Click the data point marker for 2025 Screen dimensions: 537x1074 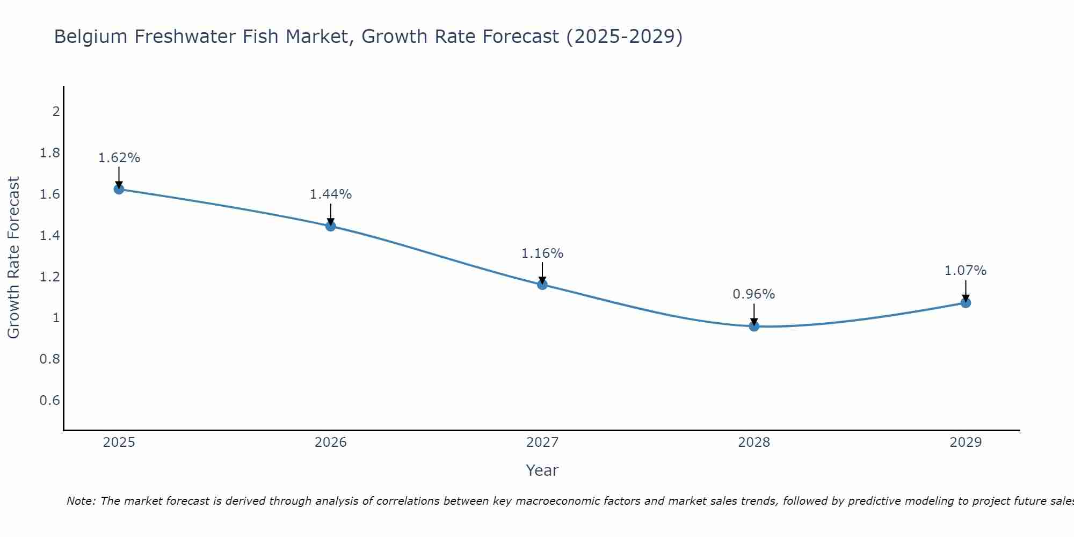pos(119,189)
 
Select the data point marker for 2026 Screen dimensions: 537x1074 pos(331,226)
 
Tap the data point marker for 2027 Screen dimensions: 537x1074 pos(542,285)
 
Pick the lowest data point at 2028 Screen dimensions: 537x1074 pos(754,326)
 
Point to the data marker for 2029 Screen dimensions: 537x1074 pos(966,303)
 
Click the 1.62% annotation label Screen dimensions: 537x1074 pos(119,158)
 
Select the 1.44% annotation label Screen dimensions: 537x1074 pos(331,194)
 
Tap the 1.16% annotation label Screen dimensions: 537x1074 pos(542,253)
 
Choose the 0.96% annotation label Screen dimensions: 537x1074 pos(754,294)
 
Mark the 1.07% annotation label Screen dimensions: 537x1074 pos(966,271)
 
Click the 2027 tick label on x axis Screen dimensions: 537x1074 pos(542,442)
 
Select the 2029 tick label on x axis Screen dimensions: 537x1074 pos(966,442)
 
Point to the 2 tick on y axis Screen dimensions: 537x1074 pos(56,112)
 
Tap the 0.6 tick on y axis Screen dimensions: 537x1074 pos(49,401)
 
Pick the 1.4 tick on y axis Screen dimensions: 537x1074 pos(49,235)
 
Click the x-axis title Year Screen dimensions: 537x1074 pos(542,470)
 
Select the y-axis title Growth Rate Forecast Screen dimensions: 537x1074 pos(13,258)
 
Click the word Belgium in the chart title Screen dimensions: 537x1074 pos(91,37)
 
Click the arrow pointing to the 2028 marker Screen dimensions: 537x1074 pos(754,315)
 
